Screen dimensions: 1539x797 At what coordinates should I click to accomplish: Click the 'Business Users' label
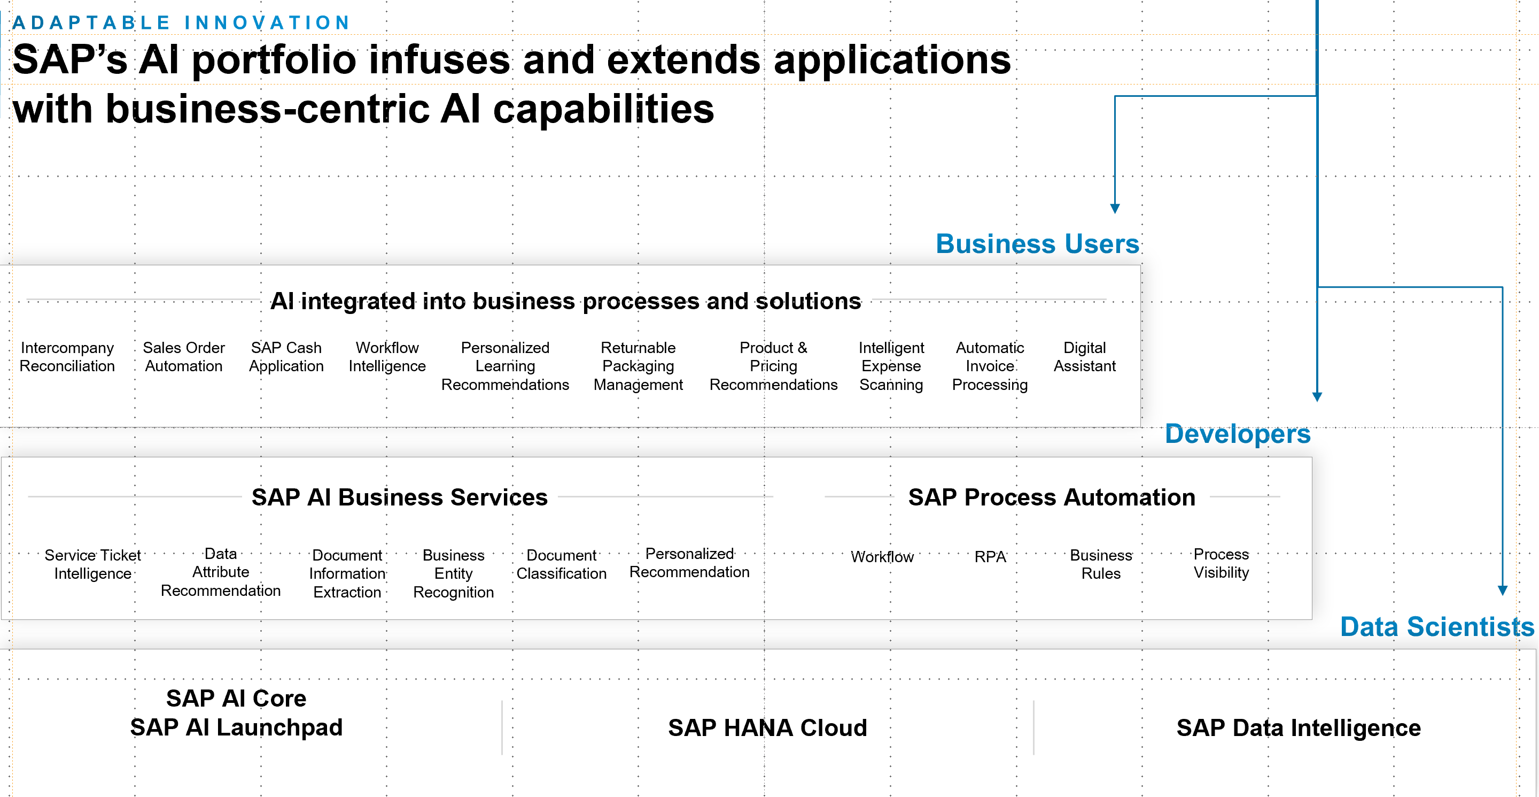coord(1038,244)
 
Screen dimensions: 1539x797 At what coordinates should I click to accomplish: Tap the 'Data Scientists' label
coord(1437,626)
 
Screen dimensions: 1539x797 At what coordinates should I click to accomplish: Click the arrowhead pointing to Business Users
coord(1115,209)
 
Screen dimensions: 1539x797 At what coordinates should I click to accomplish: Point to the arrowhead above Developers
coord(1317,397)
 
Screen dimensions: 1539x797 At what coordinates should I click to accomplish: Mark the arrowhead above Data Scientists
coord(1503,591)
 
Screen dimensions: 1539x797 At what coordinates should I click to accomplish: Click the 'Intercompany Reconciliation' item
coord(67,357)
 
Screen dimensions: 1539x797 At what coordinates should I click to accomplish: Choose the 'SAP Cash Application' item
coord(286,357)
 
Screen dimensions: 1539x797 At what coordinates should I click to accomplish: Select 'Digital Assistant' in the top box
coord(1084,357)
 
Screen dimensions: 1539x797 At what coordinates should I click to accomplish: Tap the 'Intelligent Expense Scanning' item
coord(891,366)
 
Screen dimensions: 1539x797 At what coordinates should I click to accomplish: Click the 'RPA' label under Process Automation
coord(990,557)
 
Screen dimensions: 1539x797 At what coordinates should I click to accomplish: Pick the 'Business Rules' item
coord(1101,564)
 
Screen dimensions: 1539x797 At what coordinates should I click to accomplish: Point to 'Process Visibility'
coord(1221,564)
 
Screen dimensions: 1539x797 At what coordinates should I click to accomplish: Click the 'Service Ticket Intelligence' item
coord(92,564)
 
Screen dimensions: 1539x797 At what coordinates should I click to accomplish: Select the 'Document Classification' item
coord(562,564)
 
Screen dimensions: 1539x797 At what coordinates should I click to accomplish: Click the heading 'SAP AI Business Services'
coord(399,497)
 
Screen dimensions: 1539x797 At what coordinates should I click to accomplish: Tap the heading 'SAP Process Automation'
coord(1052,497)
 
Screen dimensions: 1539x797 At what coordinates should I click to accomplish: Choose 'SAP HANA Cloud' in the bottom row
coord(767,728)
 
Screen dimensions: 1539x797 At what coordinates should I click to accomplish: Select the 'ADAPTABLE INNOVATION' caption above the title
coord(181,22)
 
